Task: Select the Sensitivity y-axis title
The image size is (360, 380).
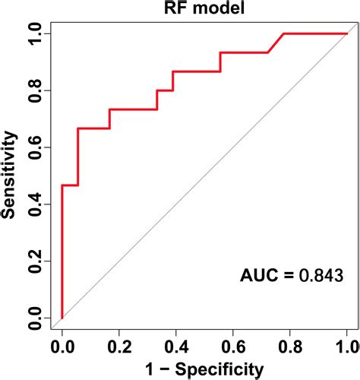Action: (x=11, y=176)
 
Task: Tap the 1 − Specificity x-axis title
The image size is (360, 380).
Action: (x=204, y=369)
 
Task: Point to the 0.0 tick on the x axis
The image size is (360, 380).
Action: (x=62, y=346)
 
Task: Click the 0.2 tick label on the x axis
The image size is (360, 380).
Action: (x=119, y=346)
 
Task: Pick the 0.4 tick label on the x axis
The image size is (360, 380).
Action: (x=176, y=346)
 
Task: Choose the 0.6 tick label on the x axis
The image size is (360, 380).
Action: (x=233, y=346)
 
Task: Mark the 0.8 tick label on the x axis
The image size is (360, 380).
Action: (x=290, y=346)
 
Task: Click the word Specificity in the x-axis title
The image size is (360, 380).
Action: (x=220, y=369)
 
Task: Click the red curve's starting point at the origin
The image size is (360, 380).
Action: (x=62, y=318)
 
